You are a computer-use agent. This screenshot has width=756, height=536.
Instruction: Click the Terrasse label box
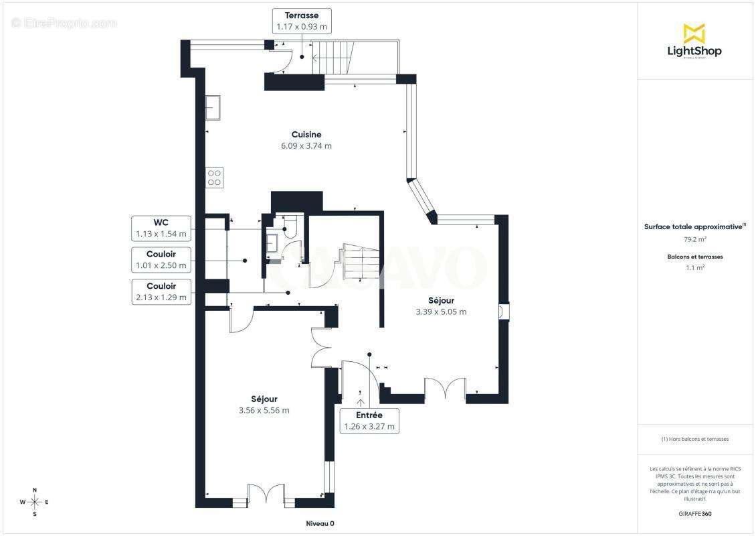coord(302,21)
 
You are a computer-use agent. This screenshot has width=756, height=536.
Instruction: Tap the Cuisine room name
coord(306,135)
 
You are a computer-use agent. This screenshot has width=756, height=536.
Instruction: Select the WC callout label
coord(161,228)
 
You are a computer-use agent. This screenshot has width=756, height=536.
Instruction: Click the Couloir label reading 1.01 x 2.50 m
coord(161,260)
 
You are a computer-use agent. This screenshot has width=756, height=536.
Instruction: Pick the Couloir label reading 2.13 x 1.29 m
coord(161,291)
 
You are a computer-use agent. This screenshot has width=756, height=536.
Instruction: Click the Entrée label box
coord(369,421)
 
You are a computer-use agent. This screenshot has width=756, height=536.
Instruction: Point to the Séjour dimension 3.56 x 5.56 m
coord(264,411)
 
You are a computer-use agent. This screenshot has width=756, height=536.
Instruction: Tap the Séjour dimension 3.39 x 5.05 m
coord(441,312)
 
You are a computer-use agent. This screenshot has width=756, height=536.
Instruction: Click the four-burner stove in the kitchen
coord(215,178)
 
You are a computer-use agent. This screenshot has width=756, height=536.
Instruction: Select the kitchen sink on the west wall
coord(213,108)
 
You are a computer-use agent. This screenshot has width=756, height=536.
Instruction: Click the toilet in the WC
coord(289,227)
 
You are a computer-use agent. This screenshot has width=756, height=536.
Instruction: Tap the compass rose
coord(35,503)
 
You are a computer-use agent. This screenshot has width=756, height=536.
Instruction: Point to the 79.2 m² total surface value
coord(694,239)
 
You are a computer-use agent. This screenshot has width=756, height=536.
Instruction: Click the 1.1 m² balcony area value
coord(694,267)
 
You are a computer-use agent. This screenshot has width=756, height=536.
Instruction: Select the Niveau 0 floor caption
coord(320,523)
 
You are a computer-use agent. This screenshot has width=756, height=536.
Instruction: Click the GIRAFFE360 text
coord(694,514)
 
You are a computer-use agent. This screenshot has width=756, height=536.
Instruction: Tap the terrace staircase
coord(333,58)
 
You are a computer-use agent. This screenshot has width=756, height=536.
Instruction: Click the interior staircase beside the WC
coord(361,262)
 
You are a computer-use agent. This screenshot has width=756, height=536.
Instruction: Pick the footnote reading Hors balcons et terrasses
coord(694,439)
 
